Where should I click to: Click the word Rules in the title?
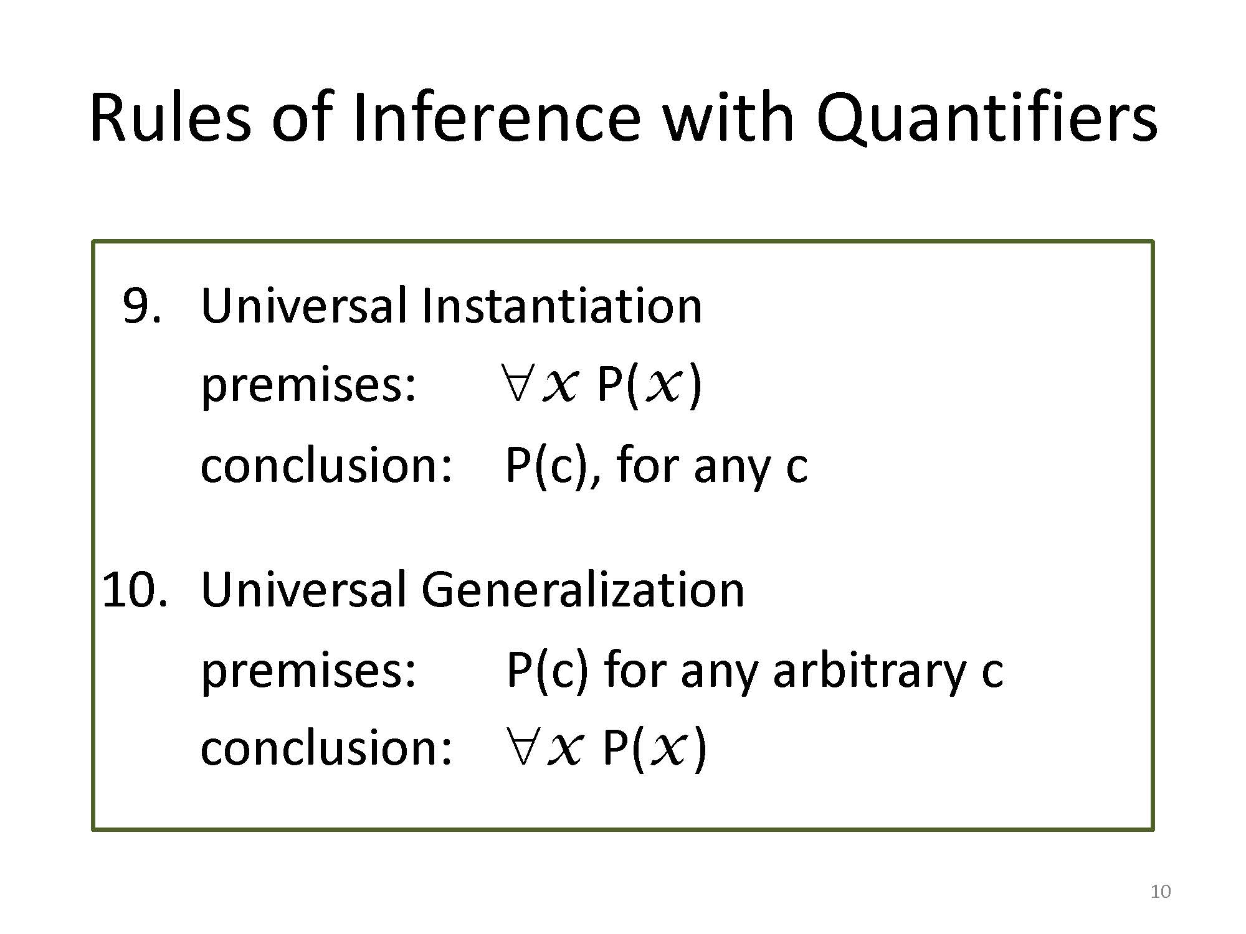tap(170, 117)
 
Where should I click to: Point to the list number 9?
tap(141, 306)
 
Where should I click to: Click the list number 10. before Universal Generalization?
tap(135, 590)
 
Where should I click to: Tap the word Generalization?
tap(583, 589)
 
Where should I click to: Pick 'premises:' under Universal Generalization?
tap(308, 671)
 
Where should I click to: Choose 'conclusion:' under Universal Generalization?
tap(326, 747)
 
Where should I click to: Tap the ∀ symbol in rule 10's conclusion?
tap(520, 746)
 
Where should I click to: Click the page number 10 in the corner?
tap(1161, 892)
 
